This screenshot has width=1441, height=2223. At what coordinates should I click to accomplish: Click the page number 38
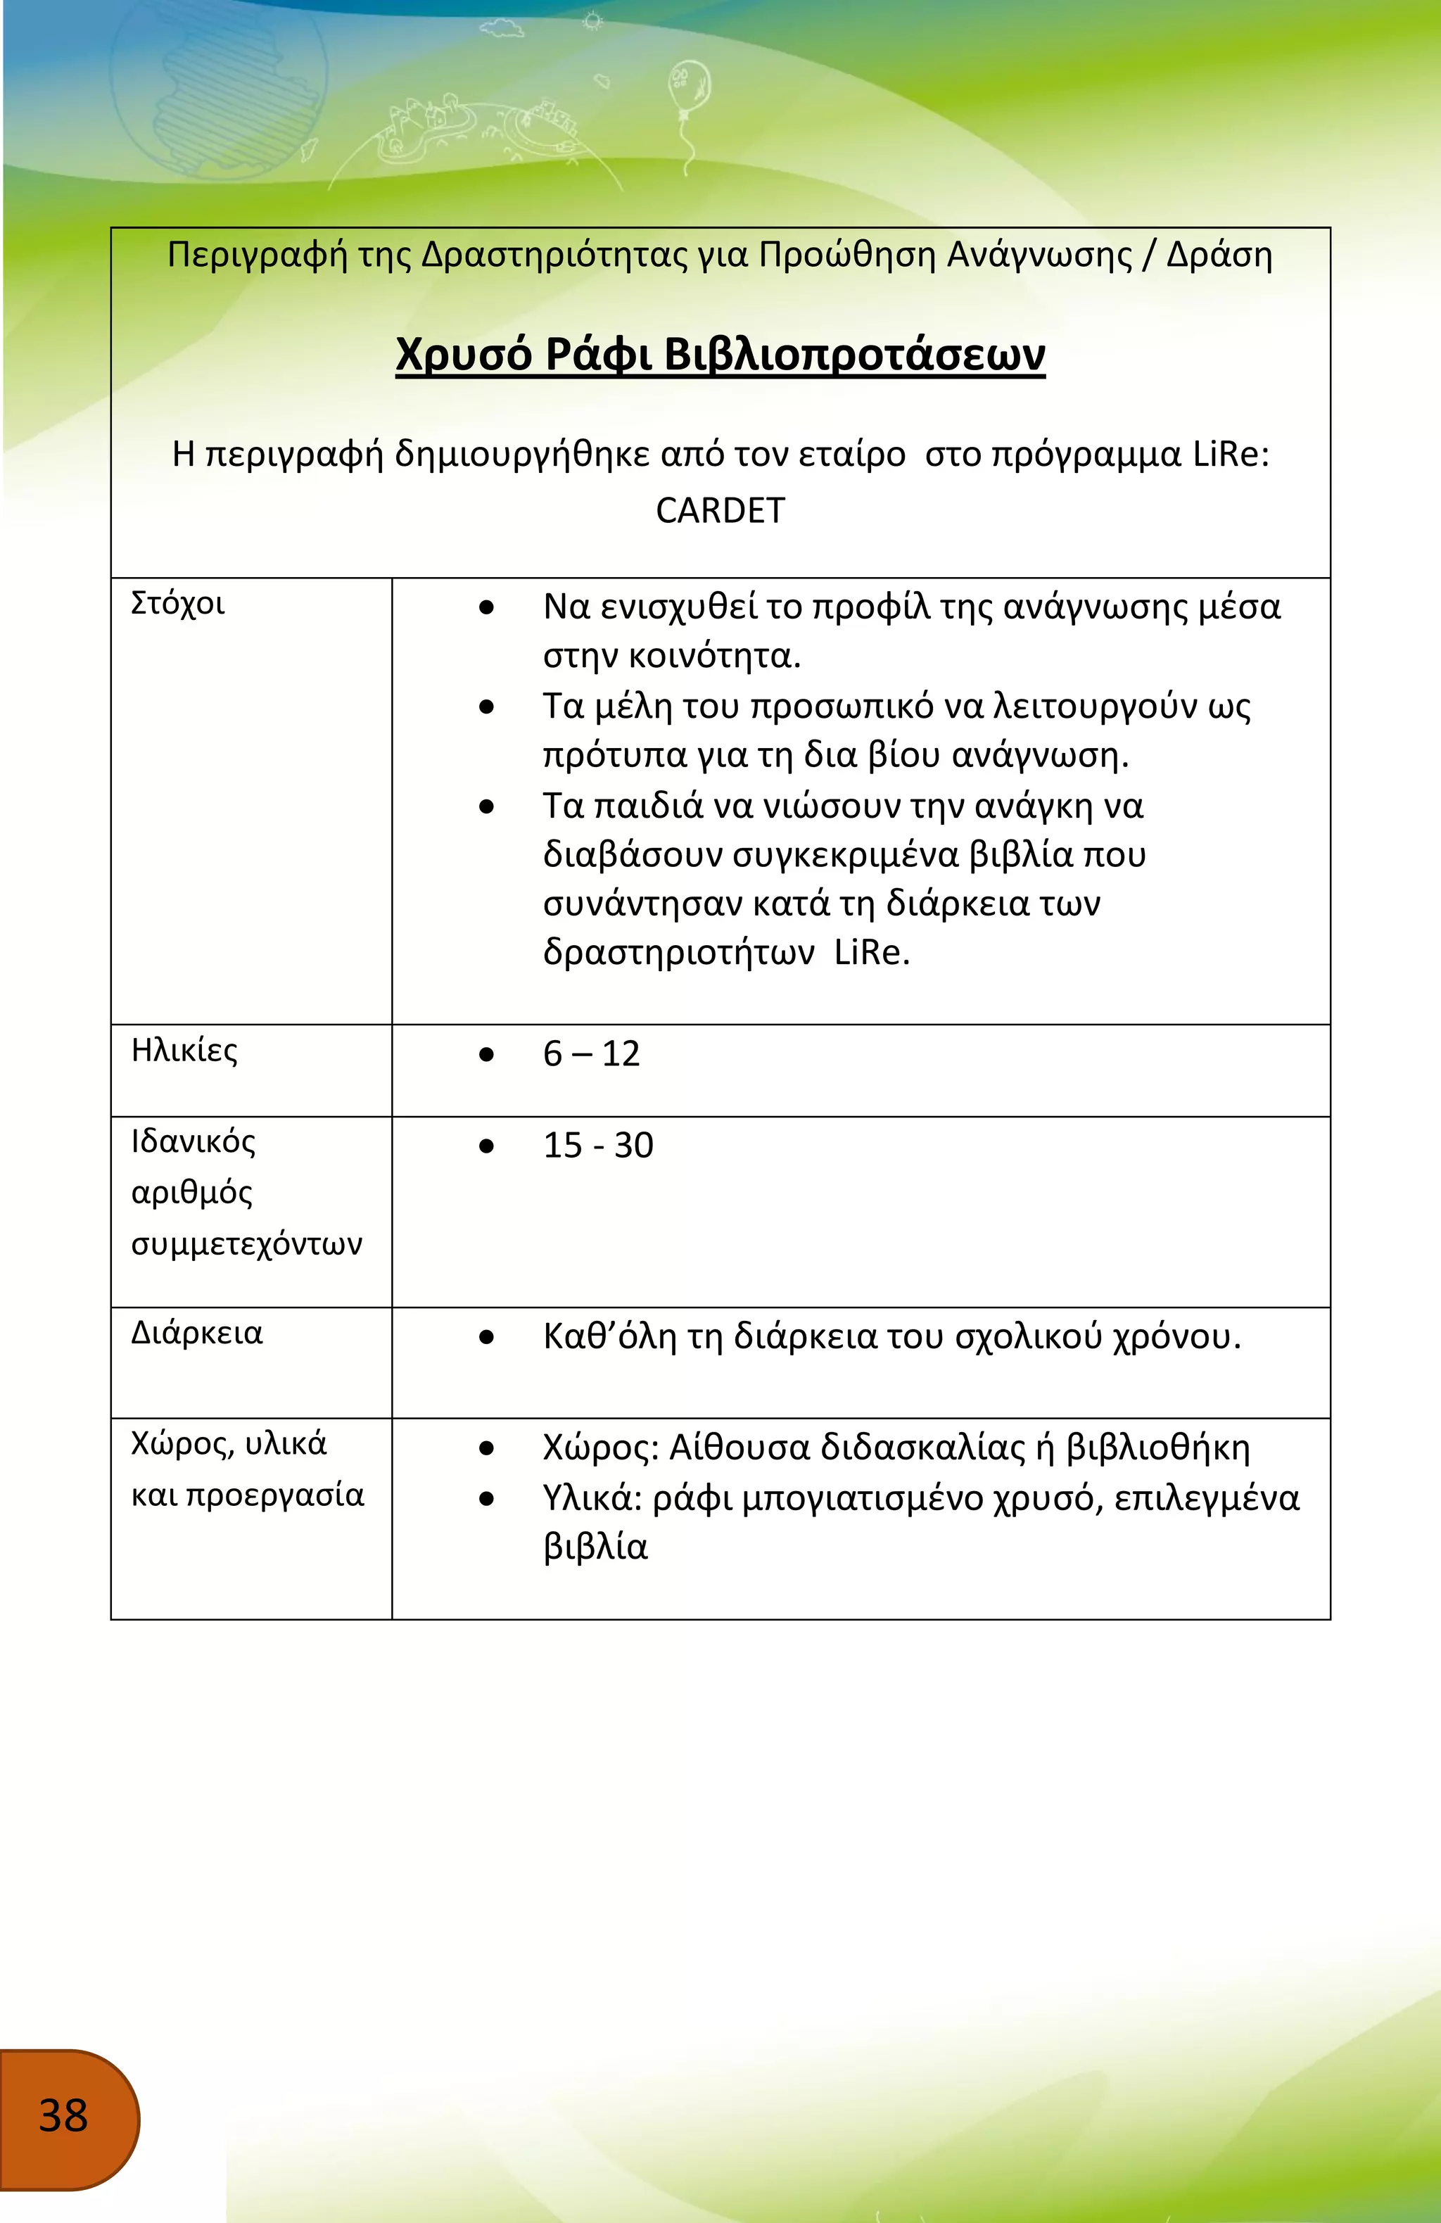point(63,2115)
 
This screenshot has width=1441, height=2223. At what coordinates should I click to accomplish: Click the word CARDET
point(720,511)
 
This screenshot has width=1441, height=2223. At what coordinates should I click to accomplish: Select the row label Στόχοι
point(177,603)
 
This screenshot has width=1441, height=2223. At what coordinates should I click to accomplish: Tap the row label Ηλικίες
point(184,1051)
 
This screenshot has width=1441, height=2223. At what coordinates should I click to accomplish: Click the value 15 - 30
point(597,1145)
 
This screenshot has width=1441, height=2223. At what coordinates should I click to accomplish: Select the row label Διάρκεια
point(196,1333)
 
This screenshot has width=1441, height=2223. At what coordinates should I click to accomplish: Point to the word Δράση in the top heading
point(1219,255)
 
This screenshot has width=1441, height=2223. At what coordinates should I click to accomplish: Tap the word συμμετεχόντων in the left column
point(246,1245)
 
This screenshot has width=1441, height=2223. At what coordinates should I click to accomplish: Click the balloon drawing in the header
point(688,84)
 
